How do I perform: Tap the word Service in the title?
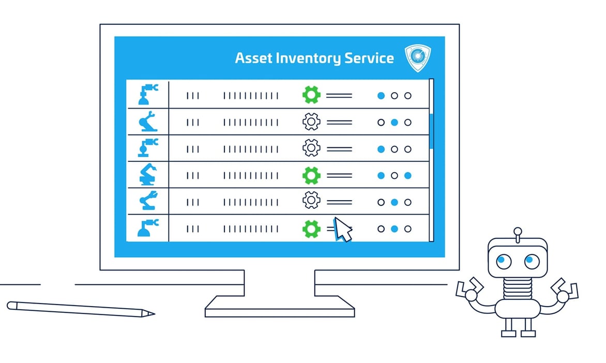(370, 57)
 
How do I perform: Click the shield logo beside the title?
(417, 57)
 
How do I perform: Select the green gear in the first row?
(311, 95)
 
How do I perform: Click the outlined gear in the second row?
(311, 122)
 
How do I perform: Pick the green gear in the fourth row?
(311, 175)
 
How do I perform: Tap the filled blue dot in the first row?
(381, 96)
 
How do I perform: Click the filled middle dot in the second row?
(395, 123)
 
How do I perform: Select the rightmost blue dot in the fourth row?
(407, 176)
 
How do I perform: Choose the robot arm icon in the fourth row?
(148, 175)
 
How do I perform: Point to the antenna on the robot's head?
(517, 231)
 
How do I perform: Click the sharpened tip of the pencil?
(151, 313)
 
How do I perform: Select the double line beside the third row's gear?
(339, 149)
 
